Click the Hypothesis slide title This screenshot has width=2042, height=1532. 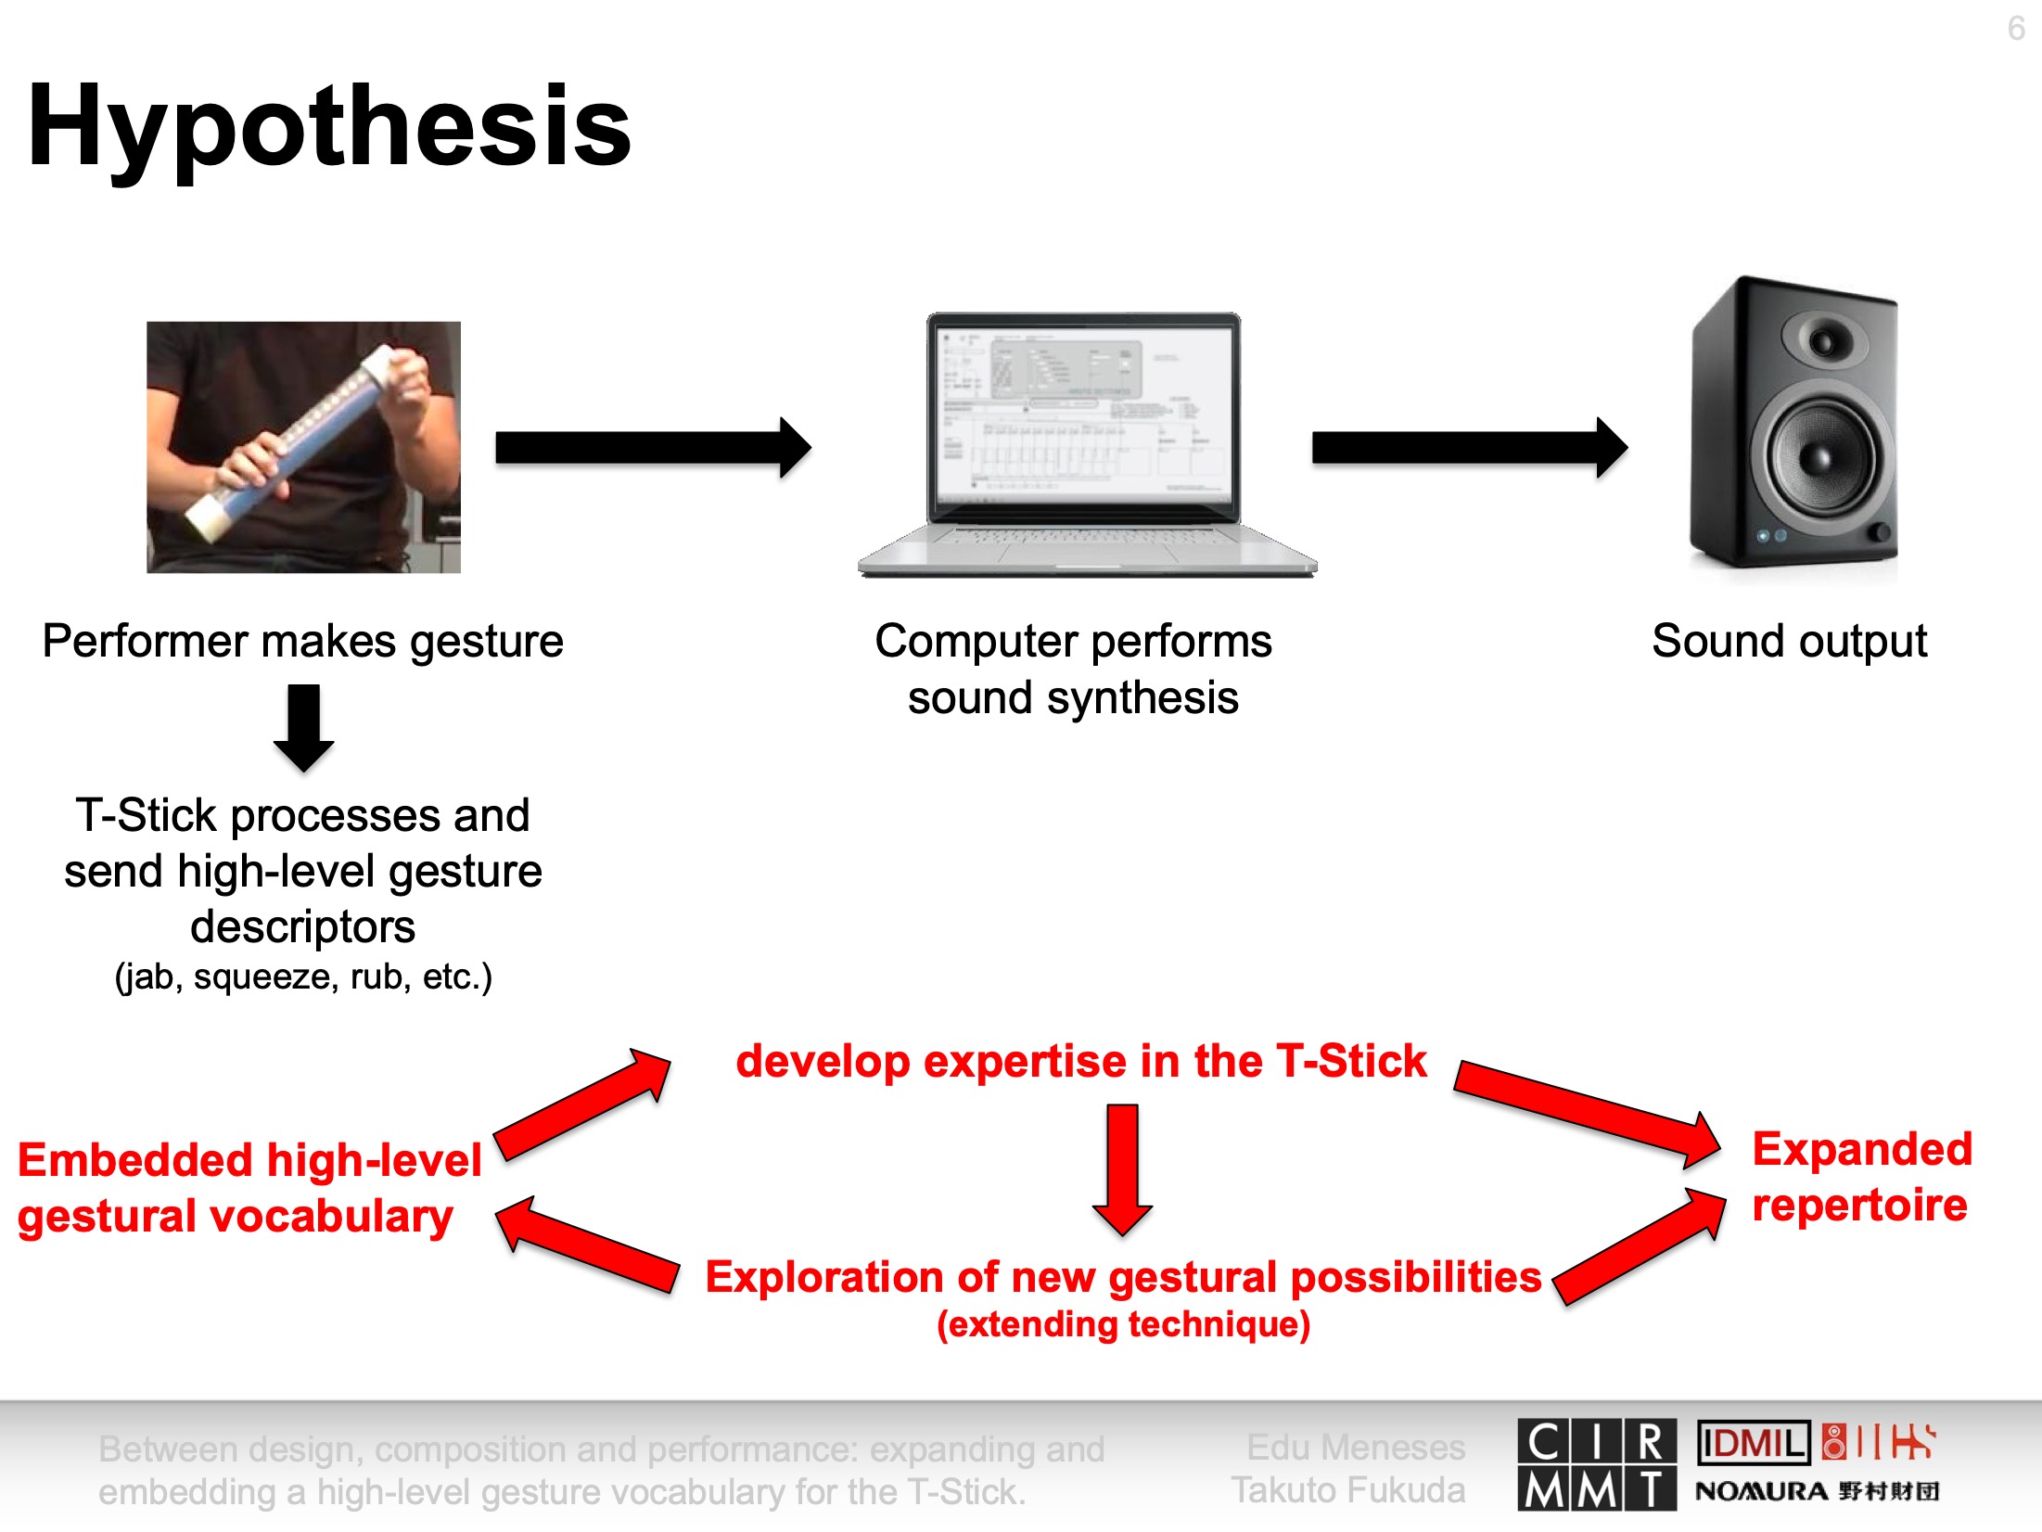(x=329, y=127)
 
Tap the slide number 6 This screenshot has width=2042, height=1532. (x=2016, y=29)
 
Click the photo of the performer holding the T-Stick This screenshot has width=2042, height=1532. (x=303, y=447)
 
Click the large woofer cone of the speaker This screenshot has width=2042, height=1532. (x=1820, y=456)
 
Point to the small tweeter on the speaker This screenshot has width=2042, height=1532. (x=1823, y=340)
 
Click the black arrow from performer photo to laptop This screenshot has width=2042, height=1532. (x=654, y=448)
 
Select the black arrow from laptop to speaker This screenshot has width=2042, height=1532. (x=1470, y=448)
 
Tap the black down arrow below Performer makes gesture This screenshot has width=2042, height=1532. (x=304, y=728)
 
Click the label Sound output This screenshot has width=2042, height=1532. (x=1789, y=641)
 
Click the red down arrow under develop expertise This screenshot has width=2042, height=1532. (x=1123, y=1170)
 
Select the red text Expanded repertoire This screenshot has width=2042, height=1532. (x=1861, y=1178)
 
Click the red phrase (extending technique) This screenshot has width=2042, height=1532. (x=1123, y=1324)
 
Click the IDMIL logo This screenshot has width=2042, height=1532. (x=1754, y=1443)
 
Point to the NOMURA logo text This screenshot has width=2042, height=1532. (x=1762, y=1492)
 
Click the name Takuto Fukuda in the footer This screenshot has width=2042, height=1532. (x=1348, y=1490)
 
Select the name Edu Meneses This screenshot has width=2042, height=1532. (x=1356, y=1448)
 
